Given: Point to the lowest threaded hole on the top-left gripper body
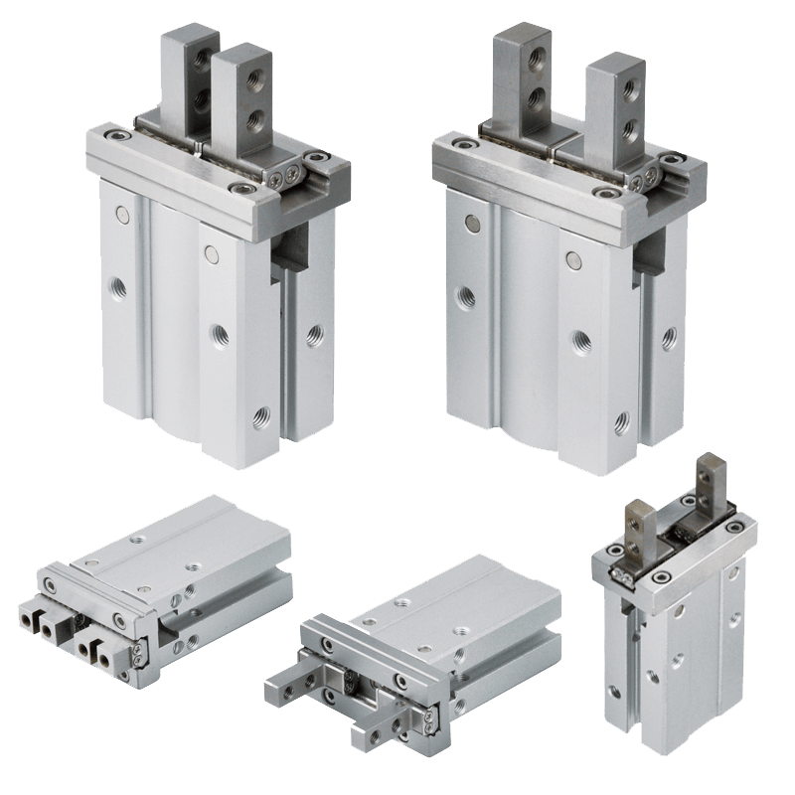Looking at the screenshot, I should click(x=260, y=411).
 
